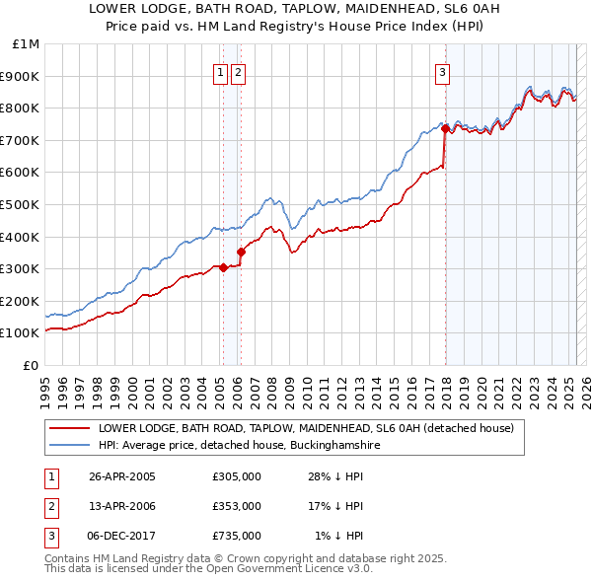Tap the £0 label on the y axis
(x=31, y=365)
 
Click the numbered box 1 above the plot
(x=221, y=71)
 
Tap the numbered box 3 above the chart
(x=443, y=71)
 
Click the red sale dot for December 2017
(x=445, y=128)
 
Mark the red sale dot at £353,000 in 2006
(x=241, y=252)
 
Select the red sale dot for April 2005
(x=224, y=266)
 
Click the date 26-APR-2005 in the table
(x=122, y=476)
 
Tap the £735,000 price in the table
(x=237, y=536)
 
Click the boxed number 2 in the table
(x=50, y=506)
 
